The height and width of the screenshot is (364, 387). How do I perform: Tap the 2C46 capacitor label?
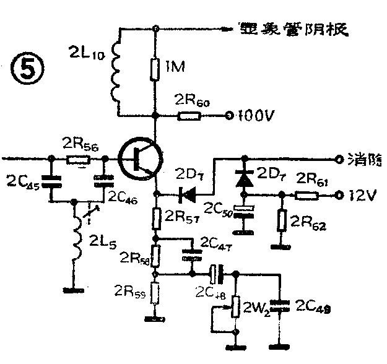pyautogui.click(x=123, y=196)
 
